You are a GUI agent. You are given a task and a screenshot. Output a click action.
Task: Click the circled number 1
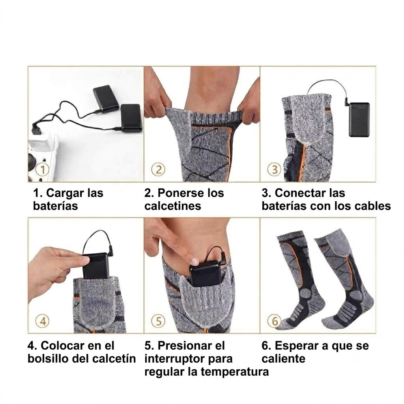click(43, 170)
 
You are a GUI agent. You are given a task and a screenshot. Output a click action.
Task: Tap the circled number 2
click(159, 170)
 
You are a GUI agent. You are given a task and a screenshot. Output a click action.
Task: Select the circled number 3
click(275, 170)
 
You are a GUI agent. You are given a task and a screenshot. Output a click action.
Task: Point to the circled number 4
click(43, 321)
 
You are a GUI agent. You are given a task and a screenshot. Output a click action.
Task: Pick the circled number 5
click(159, 321)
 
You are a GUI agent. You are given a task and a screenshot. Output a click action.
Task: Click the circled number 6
click(275, 321)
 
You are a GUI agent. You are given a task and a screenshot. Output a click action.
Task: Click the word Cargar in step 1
click(65, 193)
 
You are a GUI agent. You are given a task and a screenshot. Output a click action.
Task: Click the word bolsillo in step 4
click(51, 359)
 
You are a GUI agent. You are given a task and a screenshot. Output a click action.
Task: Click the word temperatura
click(235, 372)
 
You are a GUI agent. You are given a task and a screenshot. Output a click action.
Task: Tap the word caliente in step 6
click(283, 359)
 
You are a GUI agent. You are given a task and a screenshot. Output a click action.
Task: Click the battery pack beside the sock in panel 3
click(359, 120)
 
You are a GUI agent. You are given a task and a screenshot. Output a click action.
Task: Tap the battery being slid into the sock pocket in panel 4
click(95, 266)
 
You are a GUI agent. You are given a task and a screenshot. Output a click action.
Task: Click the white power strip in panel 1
click(43, 157)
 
